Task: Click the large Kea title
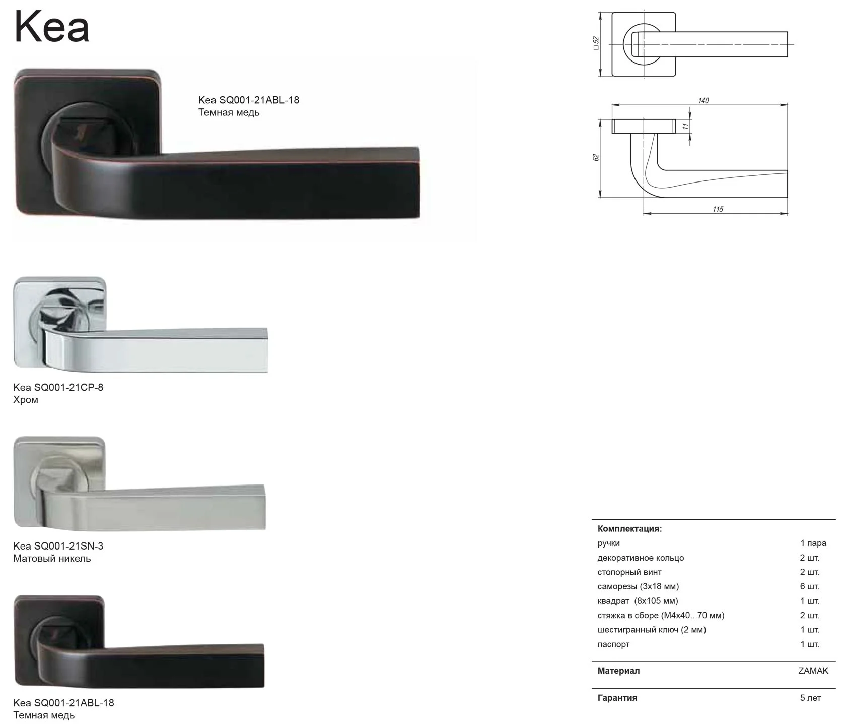click(x=52, y=27)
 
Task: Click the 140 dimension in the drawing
click(x=703, y=101)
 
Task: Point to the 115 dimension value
click(x=718, y=209)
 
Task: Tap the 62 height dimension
click(x=596, y=158)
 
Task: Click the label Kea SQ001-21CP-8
click(x=58, y=387)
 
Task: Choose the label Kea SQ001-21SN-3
click(x=58, y=545)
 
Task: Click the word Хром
click(x=26, y=400)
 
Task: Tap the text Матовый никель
click(x=52, y=559)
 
